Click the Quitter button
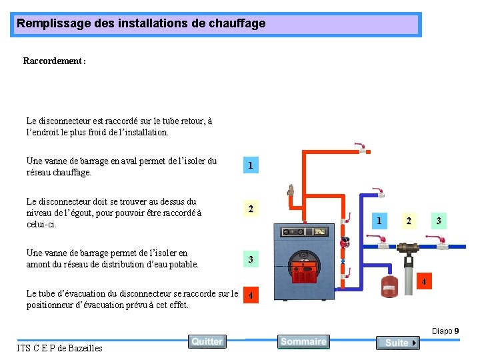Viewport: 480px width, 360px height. [x=207, y=341]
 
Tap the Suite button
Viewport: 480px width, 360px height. [x=397, y=343]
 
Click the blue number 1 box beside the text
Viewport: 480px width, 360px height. [x=250, y=165]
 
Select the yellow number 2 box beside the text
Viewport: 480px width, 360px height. [x=250, y=209]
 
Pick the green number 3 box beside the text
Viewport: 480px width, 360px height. [x=250, y=259]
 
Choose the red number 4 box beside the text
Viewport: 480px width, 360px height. [x=250, y=295]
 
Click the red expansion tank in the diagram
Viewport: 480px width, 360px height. [x=389, y=285]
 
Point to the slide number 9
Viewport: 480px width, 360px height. [x=456, y=331]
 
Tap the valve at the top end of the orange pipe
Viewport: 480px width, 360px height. [x=360, y=147]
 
